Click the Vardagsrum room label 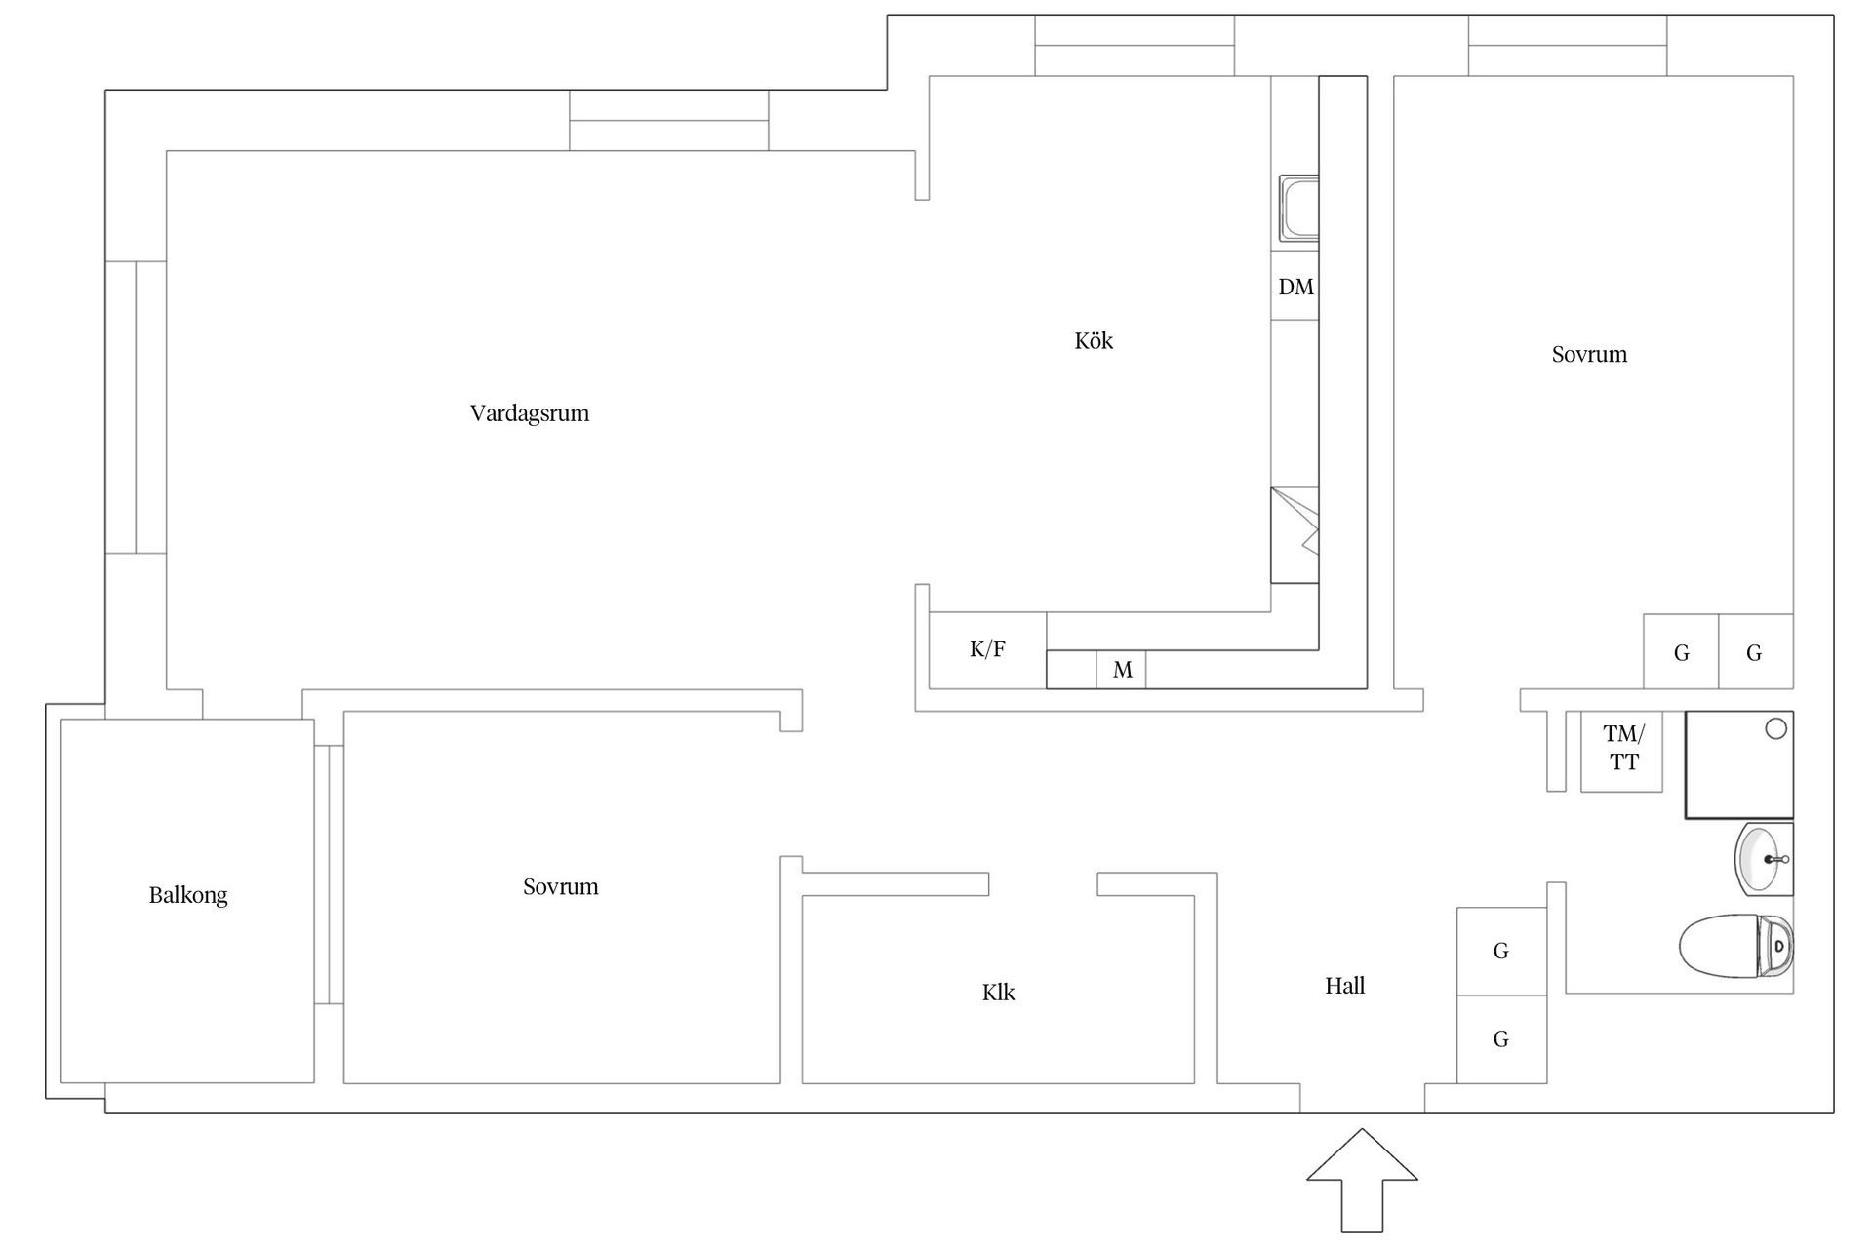[530, 413]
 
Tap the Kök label [1094, 340]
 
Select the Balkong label [188, 895]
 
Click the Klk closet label [998, 993]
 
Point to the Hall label [1344, 986]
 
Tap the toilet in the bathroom [1736, 945]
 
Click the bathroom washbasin [1764, 859]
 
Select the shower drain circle [1776, 728]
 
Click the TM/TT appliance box [1621, 751]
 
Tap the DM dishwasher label [1295, 287]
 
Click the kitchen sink [1298, 209]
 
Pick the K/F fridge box [988, 650]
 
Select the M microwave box [1121, 670]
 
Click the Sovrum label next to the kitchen [1589, 354]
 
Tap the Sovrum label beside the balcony [561, 886]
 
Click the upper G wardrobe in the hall [1502, 952]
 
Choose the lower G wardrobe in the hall [1502, 1039]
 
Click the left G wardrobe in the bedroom [1681, 651]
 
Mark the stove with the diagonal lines [1295, 535]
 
